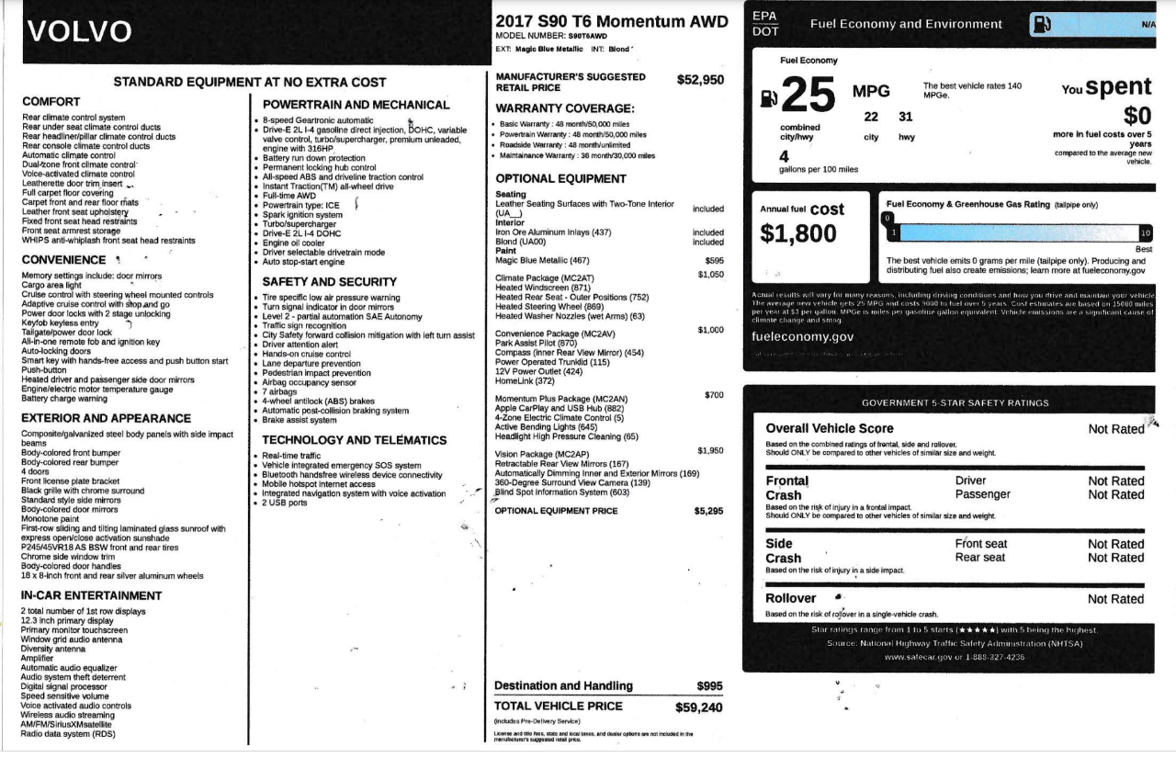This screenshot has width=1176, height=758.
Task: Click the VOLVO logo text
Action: coord(80,31)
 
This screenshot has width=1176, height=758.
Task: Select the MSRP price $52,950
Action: coord(700,80)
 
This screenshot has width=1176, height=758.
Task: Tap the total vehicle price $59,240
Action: coord(699,707)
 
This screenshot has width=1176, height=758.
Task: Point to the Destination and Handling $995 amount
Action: coord(709,686)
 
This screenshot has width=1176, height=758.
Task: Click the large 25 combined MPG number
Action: coord(809,95)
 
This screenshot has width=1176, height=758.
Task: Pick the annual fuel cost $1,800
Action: coord(798,234)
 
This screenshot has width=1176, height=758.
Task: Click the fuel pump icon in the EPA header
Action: coord(1042,24)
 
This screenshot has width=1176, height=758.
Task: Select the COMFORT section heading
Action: coord(51,102)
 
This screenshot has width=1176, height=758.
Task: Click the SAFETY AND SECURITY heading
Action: coord(330,282)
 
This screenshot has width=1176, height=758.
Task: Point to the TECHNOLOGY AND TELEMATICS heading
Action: coord(355,440)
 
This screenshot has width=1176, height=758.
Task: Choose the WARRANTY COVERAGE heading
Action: coord(565,108)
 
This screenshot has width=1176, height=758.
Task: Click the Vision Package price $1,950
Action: coord(710,451)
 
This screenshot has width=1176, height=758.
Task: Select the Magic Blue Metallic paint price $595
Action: coord(714,261)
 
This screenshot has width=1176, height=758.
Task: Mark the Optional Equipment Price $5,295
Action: coord(708,511)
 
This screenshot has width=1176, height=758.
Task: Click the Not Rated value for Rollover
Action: coord(1115,599)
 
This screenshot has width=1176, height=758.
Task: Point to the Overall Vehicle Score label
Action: coord(830,428)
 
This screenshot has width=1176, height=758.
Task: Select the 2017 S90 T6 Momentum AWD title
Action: coord(611,21)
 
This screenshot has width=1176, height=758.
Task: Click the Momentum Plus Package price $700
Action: coord(714,395)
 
